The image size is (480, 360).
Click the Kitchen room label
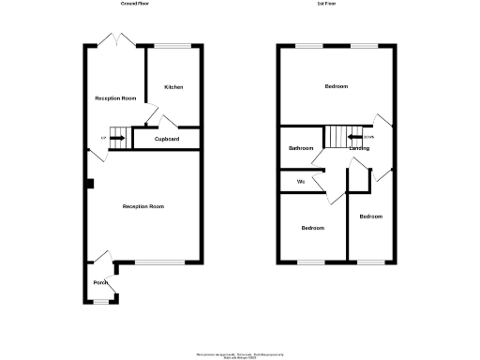click(173, 87)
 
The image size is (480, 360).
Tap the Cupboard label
click(167, 139)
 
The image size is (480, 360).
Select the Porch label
click(100, 282)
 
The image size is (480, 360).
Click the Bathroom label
click(301, 148)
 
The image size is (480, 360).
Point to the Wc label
click(301, 181)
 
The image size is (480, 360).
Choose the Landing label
click(358, 148)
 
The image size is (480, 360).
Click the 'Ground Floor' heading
click(135, 5)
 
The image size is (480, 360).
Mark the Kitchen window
click(172, 46)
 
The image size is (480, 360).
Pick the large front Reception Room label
click(143, 206)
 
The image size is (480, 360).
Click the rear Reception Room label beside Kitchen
click(115, 97)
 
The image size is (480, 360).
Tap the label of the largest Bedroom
click(337, 86)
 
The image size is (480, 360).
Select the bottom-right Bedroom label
click(371, 217)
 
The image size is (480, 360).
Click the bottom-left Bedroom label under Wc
click(312, 228)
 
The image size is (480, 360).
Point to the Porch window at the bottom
click(100, 301)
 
